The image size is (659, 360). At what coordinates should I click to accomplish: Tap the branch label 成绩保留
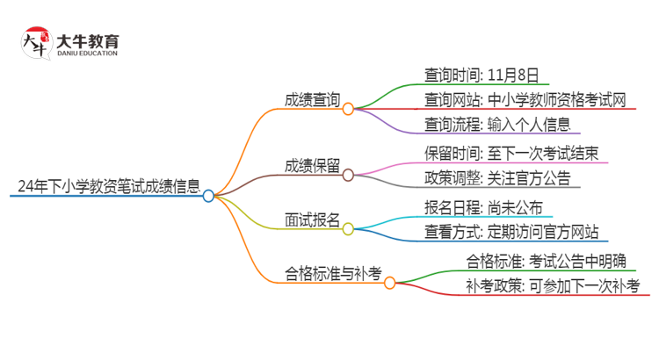tap(311, 166)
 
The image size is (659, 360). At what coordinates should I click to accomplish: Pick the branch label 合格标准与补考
tap(334, 273)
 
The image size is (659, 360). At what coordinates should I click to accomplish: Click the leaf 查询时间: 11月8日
tap(481, 75)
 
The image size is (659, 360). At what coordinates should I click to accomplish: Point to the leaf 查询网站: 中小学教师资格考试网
tap(525, 99)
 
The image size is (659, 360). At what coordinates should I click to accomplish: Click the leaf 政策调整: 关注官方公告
tap(496, 178)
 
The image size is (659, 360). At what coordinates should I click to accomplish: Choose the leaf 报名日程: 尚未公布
tap(489, 208)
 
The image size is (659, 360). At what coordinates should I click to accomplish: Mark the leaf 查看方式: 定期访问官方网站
tap(511, 233)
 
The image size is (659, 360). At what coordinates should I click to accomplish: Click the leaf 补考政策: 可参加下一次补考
tap(553, 285)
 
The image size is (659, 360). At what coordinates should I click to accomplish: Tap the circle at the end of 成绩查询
tap(348, 109)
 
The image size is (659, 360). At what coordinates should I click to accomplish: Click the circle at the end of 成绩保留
tap(348, 176)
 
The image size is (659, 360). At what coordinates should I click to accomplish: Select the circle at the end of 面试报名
tap(348, 230)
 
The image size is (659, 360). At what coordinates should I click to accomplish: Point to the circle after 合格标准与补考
tap(390, 283)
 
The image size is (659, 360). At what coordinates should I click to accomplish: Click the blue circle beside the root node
tap(208, 196)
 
